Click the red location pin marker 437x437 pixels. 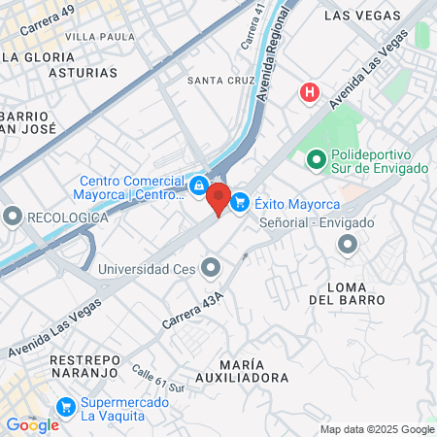coord(218,198)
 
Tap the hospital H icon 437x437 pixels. coord(310,92)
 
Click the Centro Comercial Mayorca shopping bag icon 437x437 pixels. coord(198,185)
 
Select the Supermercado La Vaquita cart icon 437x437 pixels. coord(66,406)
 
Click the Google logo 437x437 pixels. coord(32,424)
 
